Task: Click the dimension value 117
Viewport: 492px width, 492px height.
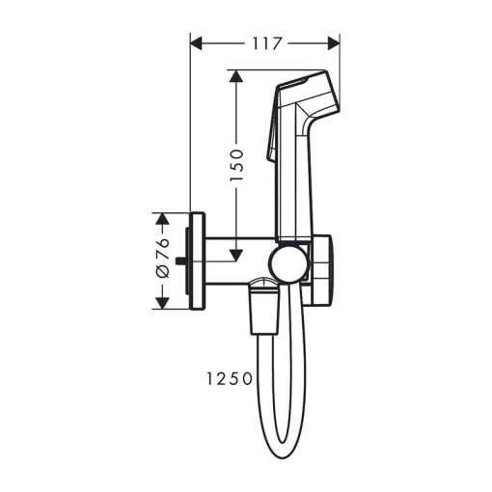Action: [x=265, y=42]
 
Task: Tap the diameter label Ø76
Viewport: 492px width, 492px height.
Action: [x=163, y=260]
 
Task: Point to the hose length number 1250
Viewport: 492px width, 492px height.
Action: [x=227, y=379]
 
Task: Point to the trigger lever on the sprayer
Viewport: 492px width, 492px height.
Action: [x=273, y=145]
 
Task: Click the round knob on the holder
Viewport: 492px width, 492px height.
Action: [x=286, y=261]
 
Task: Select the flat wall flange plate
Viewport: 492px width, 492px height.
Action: [x=198, y=260]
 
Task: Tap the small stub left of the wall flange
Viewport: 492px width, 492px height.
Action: [x=183, y=261]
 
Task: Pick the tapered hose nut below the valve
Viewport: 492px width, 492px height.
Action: [x=261, y=307]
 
